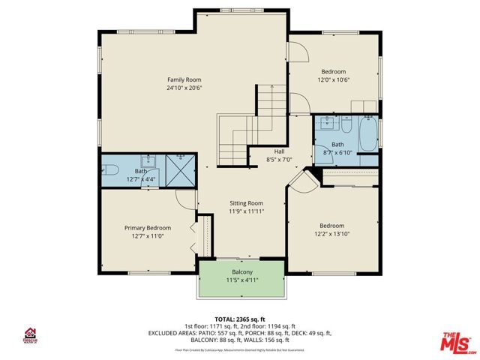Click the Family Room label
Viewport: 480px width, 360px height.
point(184,79)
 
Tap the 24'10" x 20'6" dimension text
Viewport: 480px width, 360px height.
point(184,88)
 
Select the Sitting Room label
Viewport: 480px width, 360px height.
point(246,202)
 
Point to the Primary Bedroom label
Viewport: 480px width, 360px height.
point(148,228)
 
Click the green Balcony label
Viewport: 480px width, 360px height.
point(241,271)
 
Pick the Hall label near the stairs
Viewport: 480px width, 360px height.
point(278,151)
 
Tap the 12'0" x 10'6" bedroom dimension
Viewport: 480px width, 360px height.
point(334,79)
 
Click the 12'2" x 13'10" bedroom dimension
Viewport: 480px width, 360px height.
point(331,234)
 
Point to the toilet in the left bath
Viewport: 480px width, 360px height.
point(108,169)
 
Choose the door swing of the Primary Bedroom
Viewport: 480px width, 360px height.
point(185,199)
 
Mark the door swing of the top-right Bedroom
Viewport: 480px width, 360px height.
point(298,52)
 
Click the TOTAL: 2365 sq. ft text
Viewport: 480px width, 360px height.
point(241,318)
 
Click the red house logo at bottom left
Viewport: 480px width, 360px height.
point(31,333)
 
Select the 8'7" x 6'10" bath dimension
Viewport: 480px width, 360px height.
point(337,152)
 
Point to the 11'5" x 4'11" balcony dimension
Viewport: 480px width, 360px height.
point(241,280)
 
